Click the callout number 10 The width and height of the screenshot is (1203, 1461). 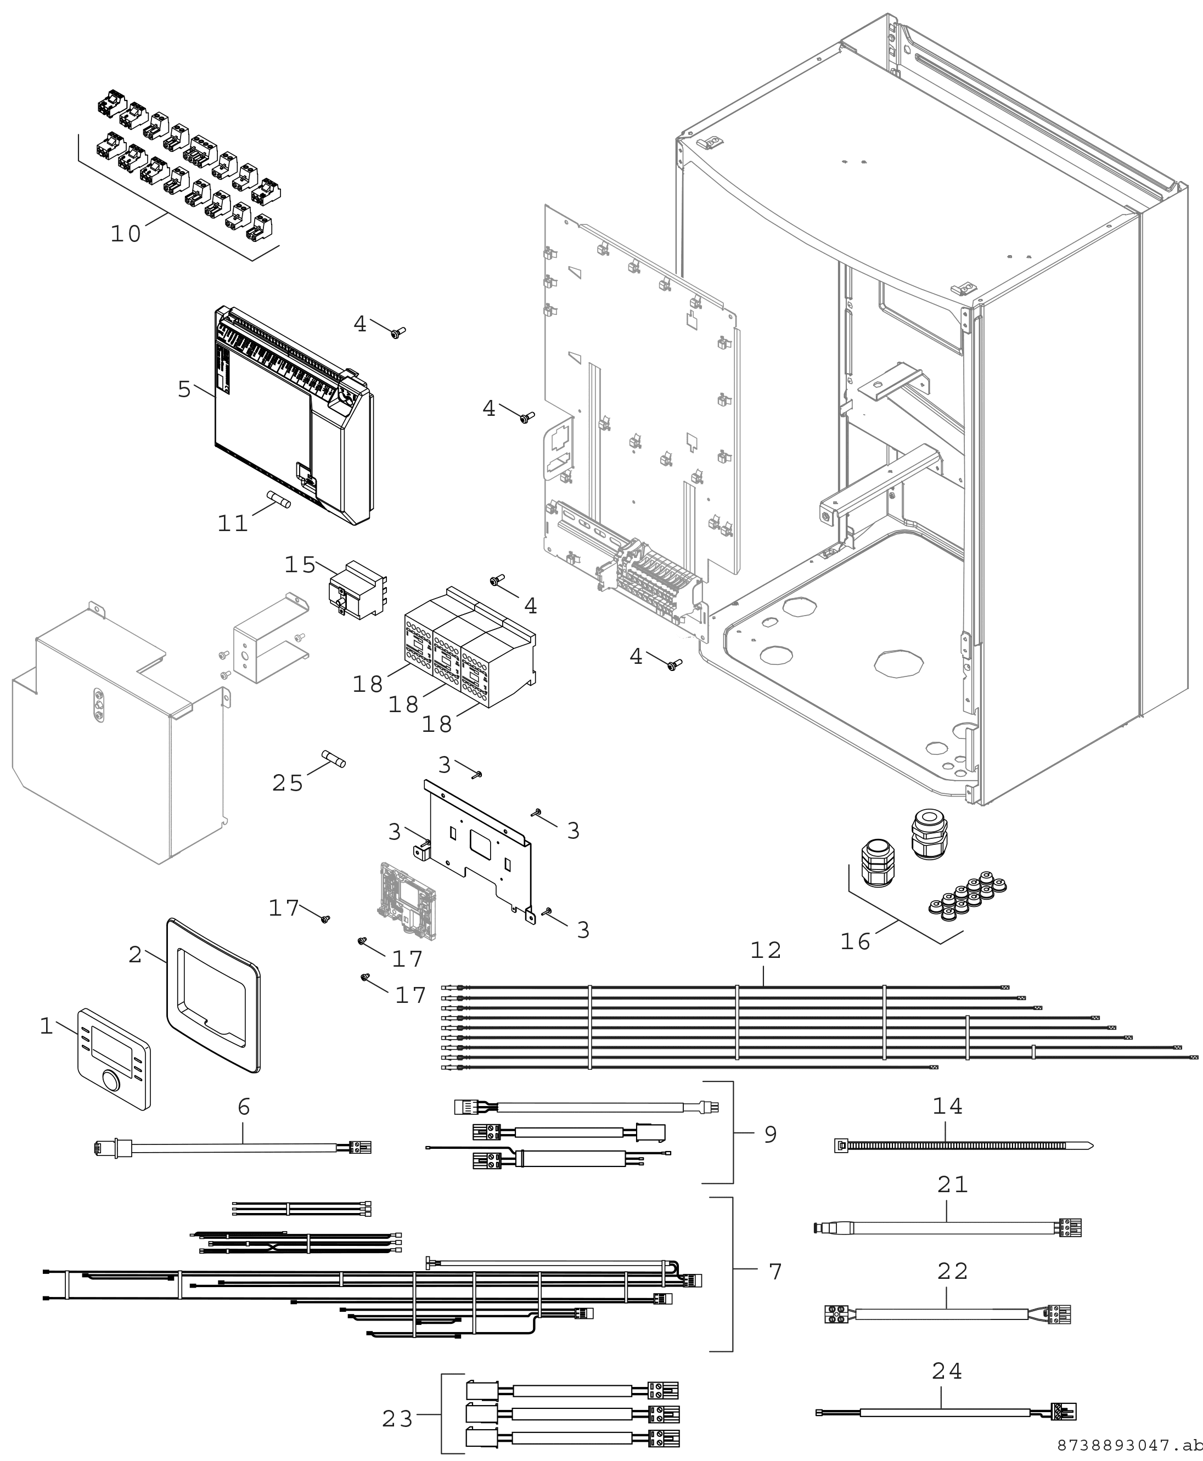(126, 234)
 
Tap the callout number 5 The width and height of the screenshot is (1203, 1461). (184, 390)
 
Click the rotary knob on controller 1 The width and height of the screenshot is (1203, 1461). (110, 1081)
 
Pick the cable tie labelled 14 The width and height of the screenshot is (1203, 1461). (963, 1144)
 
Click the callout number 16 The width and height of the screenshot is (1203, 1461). (855, 941)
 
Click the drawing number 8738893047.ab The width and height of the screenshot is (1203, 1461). (1129, 1445)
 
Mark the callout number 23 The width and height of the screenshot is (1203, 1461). (398, 1419)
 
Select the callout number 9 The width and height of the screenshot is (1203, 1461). (770, 1134)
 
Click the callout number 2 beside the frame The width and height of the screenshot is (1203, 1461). (135, 955)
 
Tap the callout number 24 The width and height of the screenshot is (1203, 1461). (947, 1371)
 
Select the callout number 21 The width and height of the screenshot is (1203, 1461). (952, 1184)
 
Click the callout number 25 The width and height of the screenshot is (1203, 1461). (288, 783)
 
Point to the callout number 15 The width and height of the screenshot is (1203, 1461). (300, 565)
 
